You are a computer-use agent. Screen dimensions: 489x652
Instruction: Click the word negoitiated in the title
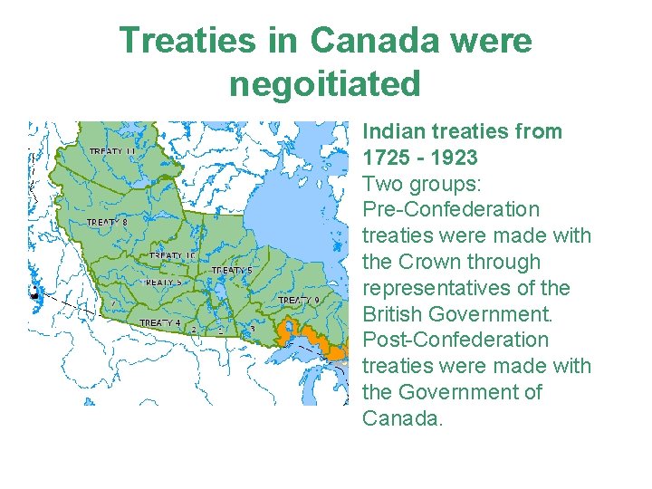(325, 84)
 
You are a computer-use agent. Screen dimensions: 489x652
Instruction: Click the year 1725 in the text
(388, 158)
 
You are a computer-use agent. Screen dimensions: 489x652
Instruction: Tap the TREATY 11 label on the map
(112, 151)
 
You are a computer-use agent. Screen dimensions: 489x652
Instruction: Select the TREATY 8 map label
(107, 222)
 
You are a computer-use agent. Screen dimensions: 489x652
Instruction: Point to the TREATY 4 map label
(159, 323)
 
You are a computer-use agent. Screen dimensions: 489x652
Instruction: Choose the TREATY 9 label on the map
(298, 300)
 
